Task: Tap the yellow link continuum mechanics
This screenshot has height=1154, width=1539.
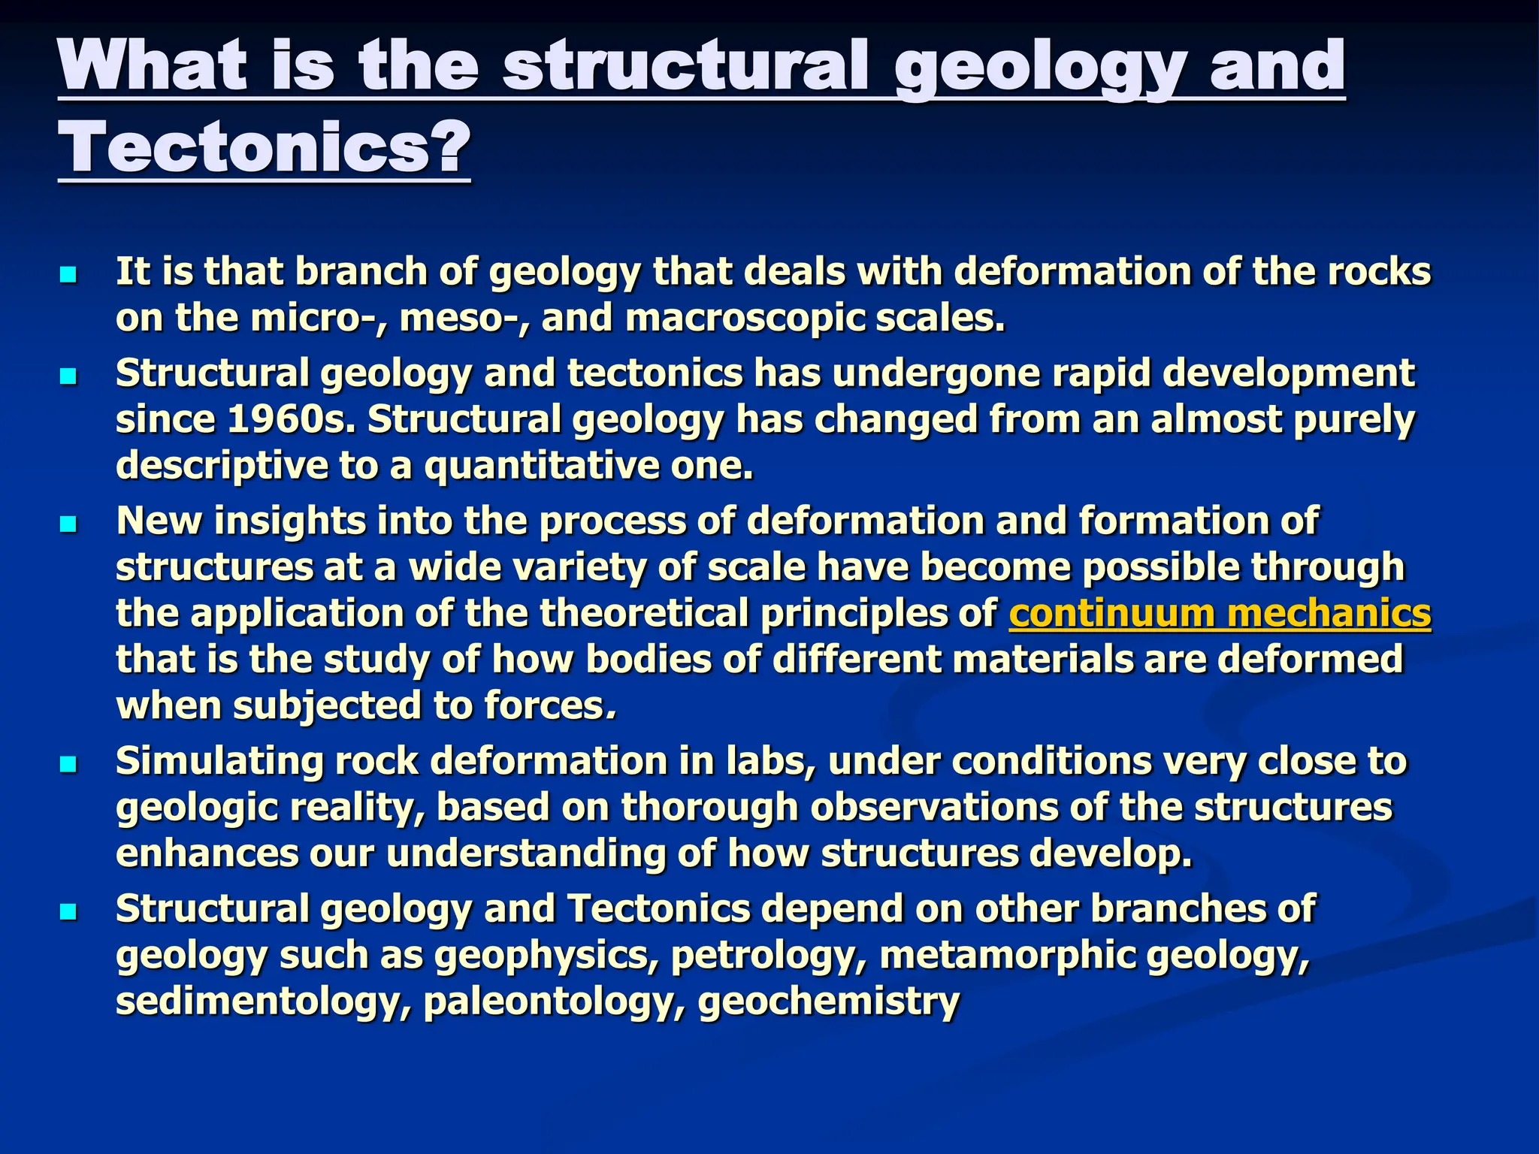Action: tap(1220, 613)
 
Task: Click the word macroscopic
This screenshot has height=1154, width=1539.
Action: tap(745, 318)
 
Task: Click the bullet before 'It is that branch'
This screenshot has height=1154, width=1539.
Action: tap(68, 275)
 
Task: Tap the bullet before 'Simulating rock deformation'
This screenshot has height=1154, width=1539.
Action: tap(68, 765)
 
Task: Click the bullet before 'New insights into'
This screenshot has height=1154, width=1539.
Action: tap(68, 524)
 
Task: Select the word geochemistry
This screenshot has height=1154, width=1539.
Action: tap(829, 1001)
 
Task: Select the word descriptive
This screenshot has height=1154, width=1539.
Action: tap(222, 466)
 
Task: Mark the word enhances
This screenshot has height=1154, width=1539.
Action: tap(207, 854)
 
